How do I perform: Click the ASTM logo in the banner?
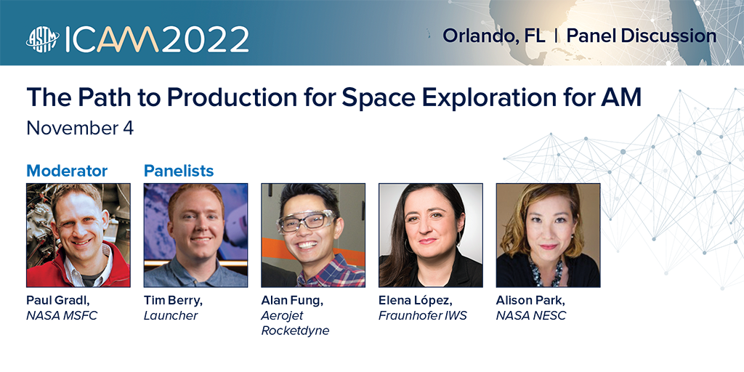pos(43,39)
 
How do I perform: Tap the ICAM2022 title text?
pos(157,39)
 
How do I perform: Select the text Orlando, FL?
pos(493,36)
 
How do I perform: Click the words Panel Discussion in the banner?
pos(641,36)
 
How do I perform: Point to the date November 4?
pos(80,128)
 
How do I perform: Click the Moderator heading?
pos(67,170)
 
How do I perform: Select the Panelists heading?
pos(179,170)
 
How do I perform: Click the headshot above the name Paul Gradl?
pos(78,235)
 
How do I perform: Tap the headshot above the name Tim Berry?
pos(195,235)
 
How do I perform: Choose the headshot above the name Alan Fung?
pos(313,235)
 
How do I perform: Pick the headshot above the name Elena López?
pos(430,235)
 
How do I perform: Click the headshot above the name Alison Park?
pos(548,235)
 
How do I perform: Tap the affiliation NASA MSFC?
pos(62,315)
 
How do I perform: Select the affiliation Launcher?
pos(171,315)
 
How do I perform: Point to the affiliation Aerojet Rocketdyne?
pos(295,323)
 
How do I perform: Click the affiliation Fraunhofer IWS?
pos(422,315)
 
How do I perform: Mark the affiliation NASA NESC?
pos(531,315)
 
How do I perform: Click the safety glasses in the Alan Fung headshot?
pos(306,221)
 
